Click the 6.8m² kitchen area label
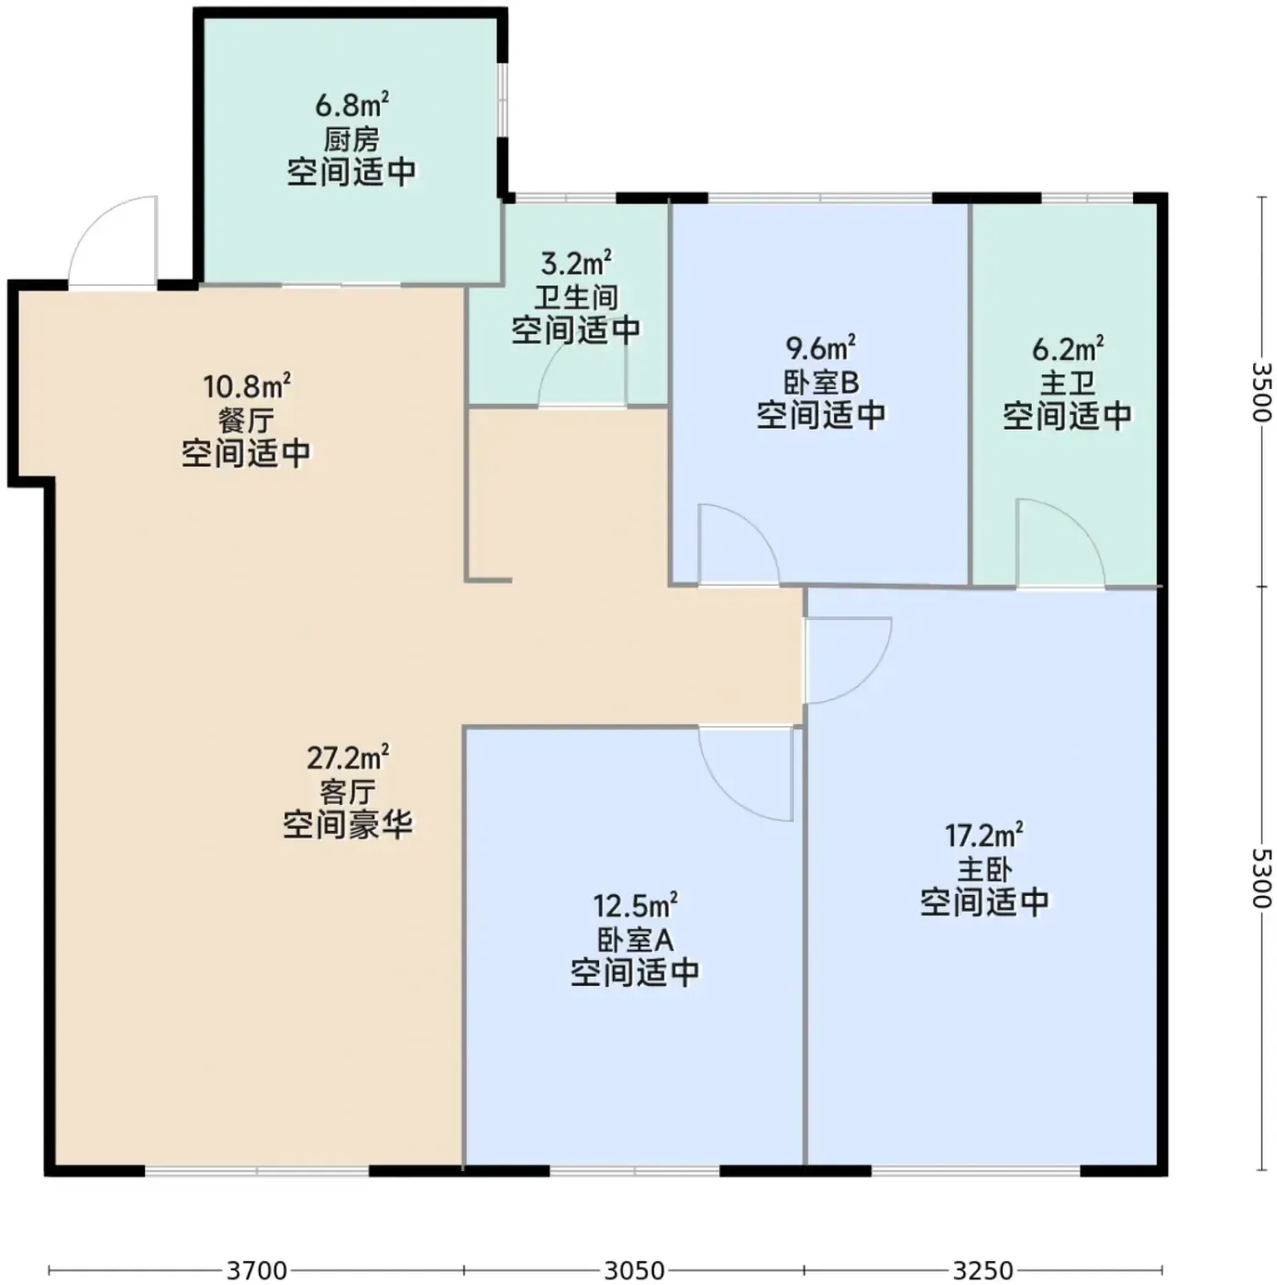[352, 106]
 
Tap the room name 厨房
[352, 140]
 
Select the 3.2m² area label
[576, 264]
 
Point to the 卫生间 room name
[576, 297]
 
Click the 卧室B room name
[821, 383]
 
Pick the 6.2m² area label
[1068, 349]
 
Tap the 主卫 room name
[1068, 384]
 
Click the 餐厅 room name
[247, 420]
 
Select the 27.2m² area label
[348, 758]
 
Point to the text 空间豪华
[348, 825]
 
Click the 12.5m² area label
[635, 906]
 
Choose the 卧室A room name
[635, 940]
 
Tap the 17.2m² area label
[984, 835]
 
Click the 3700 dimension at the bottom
[257, 1270]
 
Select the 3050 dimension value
[635, 1270]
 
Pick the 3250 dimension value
[983, 1270]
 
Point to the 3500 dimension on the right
[1261, 392]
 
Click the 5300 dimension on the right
[1261, 878]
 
